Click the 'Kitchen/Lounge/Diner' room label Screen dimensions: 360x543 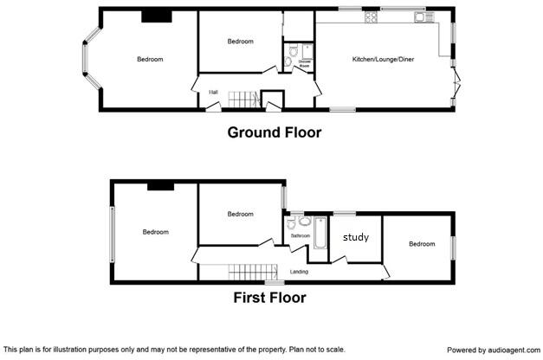[382, 59]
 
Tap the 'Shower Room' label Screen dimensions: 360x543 [305, 63]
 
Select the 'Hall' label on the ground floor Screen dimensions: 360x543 [212, 92]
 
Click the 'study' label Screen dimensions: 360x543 [355, 236]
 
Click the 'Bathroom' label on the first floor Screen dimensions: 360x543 [300, 235]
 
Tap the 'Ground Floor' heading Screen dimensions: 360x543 [274, 132]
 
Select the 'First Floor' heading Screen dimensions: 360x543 [269, 298]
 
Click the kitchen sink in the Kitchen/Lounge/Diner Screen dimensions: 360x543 [421, 16]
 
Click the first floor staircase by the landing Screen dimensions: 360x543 [251, 273]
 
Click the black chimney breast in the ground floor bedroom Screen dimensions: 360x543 [156, 15]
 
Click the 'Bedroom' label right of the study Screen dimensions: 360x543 [422, 244]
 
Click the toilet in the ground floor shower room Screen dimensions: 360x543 [289, 60]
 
